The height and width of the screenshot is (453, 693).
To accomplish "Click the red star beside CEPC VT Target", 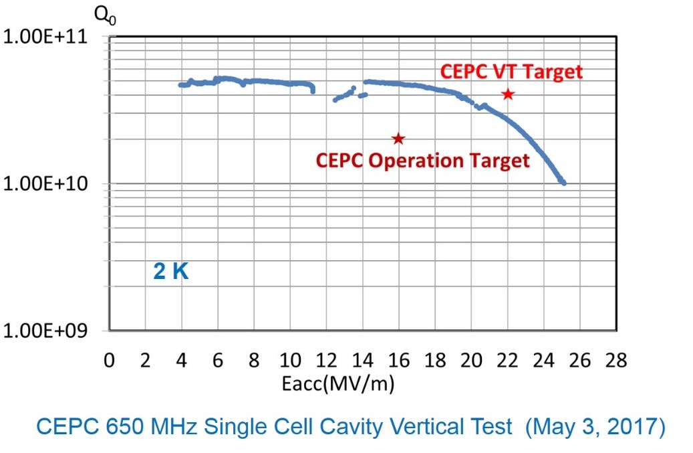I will [x=508, y=94].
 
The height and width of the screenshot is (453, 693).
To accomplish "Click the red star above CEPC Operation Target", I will [x=398, y=139].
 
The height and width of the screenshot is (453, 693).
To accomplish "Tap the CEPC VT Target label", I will [x=511, y=72].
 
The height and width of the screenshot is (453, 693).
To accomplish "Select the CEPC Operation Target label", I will [x=422, y=161].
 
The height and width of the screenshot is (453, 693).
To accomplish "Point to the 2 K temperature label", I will [x=171, y=272].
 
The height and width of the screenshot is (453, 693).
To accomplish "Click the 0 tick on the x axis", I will [x=110, y=361].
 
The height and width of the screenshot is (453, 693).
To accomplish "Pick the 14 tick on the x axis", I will [x=363, y=361].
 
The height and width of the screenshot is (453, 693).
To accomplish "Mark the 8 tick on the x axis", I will [x=254, y=361].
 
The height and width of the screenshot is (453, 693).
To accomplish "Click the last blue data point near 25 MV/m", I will [x=564, y=183].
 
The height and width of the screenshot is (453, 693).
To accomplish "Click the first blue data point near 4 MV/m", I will [x=180, y=85].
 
